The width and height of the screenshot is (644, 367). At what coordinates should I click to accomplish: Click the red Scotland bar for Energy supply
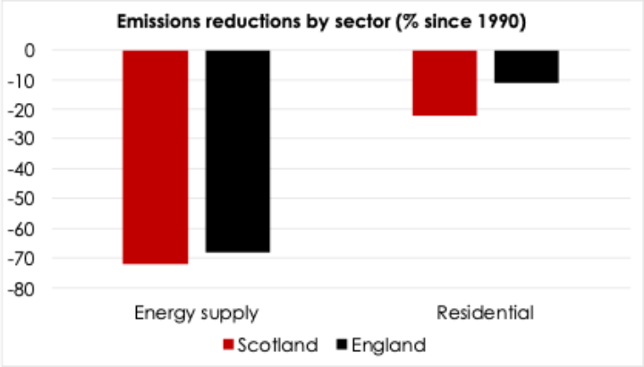(x=155, y=157)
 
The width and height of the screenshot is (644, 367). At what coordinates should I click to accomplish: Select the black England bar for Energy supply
(x=237, y=150)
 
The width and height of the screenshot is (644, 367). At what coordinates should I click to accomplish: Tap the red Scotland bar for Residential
(x=445, y=82)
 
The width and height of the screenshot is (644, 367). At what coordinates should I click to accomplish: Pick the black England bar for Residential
(x=526, y=66)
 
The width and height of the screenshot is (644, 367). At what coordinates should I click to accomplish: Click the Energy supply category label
(x=197, y=313)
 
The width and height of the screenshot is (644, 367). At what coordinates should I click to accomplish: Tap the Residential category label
(x=485, y=313)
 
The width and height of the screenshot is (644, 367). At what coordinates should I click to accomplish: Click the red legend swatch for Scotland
(x=227, y=345)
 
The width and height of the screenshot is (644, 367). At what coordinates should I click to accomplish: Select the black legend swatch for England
(x=342, y=345)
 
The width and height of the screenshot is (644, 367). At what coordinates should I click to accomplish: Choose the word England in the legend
(x=388, y=345)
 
